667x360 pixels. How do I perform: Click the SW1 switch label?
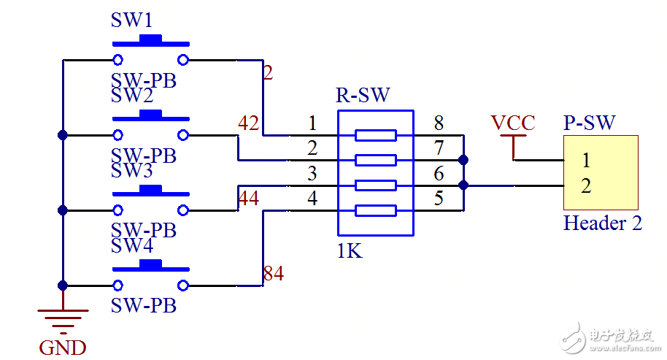tap(132, 20)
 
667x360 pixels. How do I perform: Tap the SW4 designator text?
tap(132, 246)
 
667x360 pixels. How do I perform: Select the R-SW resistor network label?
tap(363, 95)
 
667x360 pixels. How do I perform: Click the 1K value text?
tap(350, 251)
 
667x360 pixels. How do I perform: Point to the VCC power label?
tap(512, 123)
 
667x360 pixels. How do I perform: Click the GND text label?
tap(63, 348)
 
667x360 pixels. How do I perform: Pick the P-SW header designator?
tap(589, 123)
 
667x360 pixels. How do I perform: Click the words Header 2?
tap(603, 223)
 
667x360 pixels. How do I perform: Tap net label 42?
tap(249, 124)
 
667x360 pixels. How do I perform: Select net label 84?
tap(273, 275)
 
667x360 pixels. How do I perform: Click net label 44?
tap(249, 197)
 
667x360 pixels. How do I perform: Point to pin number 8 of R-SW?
tap(439, 123)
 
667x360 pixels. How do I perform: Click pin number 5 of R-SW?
tap(439, 198)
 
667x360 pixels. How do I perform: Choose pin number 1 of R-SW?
tap(312, 123)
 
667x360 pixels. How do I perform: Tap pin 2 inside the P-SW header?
tap(586, 185)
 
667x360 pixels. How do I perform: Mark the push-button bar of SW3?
tap(150, 191)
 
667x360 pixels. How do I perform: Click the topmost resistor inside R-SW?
tap(375, 135)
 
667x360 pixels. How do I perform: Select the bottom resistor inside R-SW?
tap(375, 211)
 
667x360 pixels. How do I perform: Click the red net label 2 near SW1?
tap(268, 73)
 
